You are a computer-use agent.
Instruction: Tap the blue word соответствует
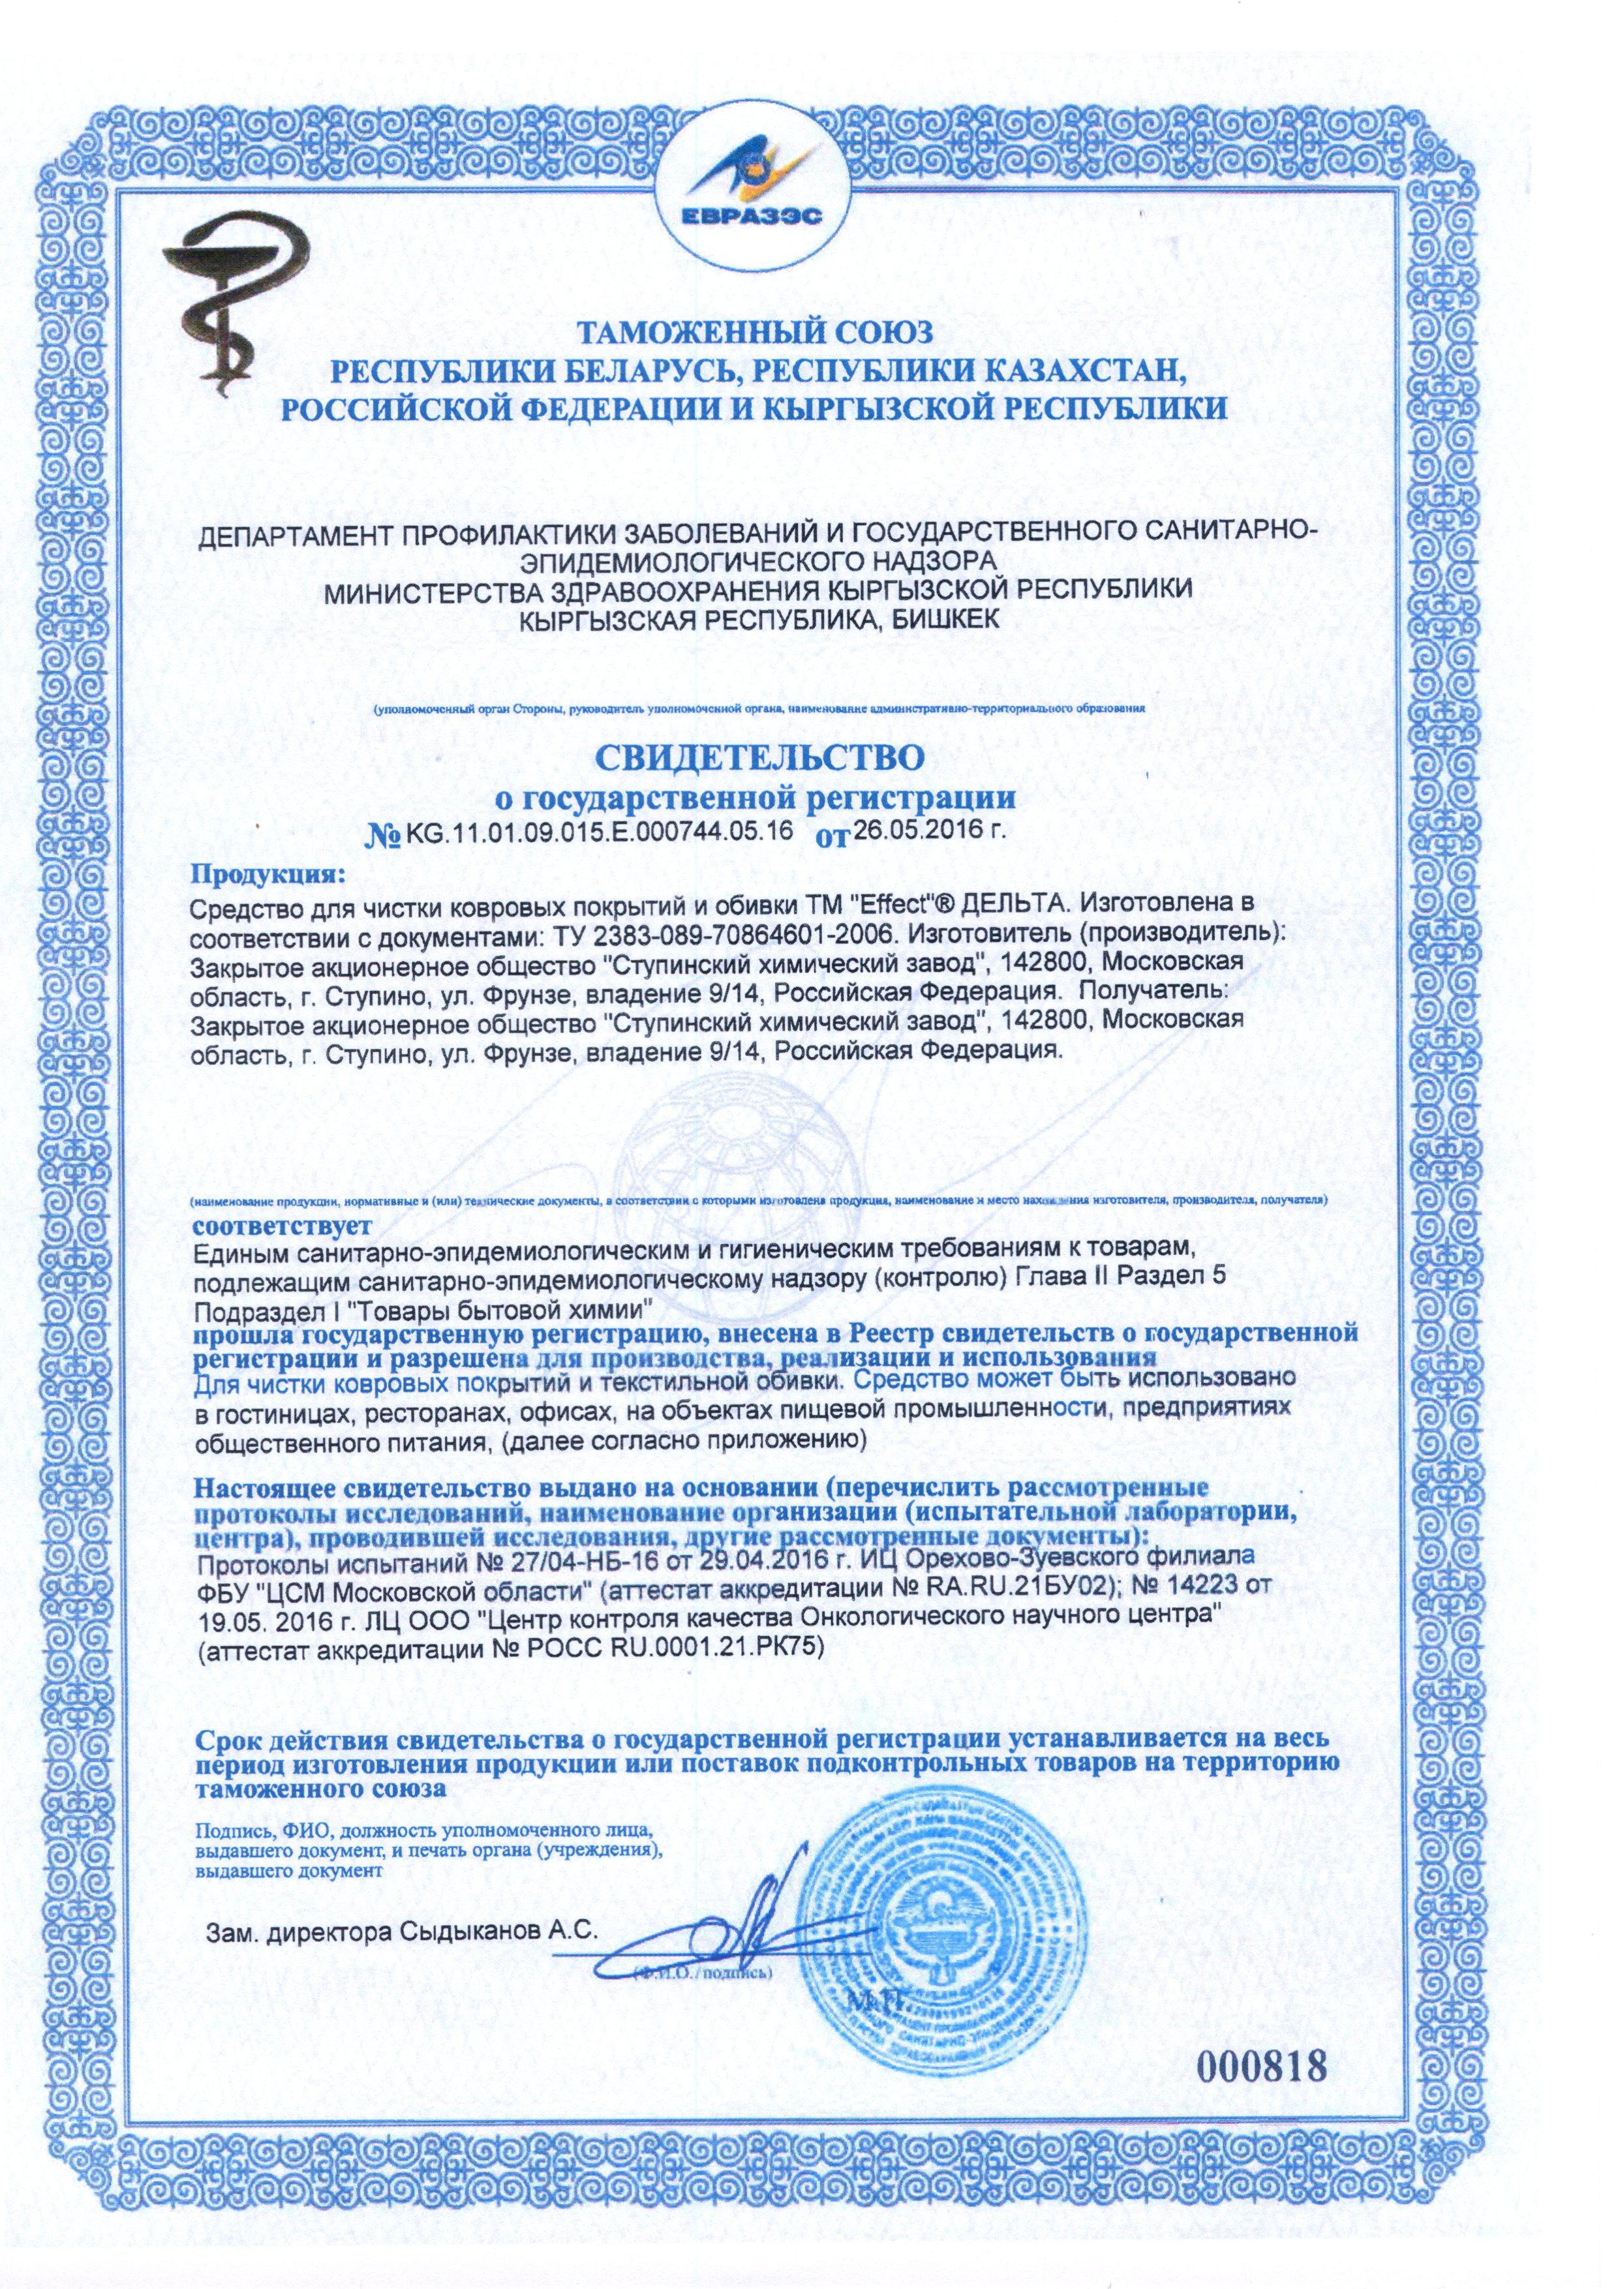point(283,1222)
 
